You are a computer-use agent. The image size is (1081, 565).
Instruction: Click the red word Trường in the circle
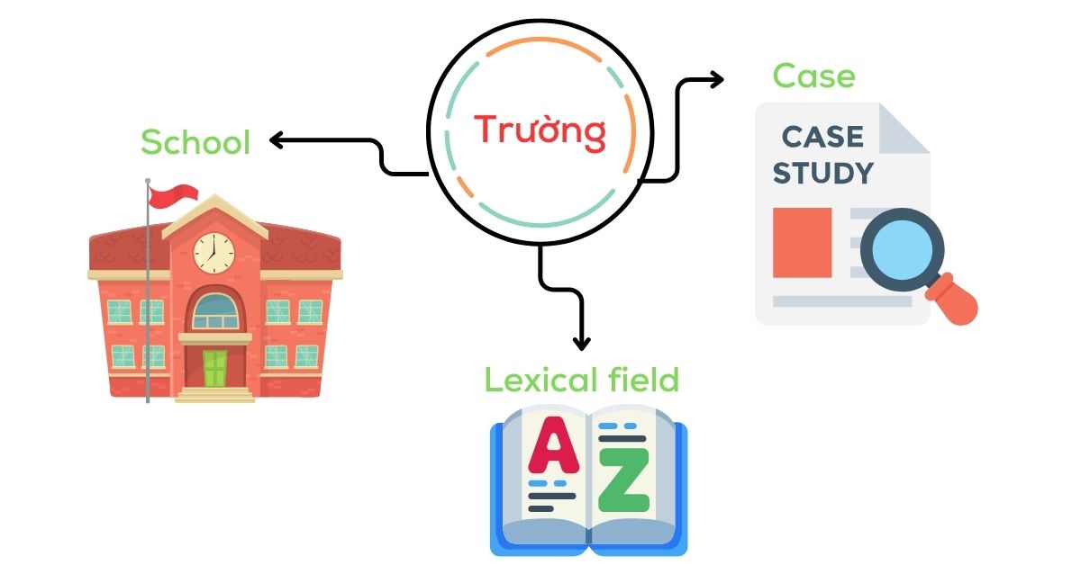(540, 130)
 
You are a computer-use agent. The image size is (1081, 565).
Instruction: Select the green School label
(195, 142)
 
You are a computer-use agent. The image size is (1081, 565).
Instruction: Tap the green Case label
(813, 76)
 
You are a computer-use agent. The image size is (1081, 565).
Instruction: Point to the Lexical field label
(582, 380)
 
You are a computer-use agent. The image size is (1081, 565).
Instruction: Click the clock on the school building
(213, 253)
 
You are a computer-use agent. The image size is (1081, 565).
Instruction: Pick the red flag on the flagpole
(173, 196)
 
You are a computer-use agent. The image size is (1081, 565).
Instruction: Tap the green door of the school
(214, 369)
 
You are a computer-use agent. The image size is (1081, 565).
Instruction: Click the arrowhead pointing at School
(276, 140)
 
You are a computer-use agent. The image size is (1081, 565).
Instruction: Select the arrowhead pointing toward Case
(717, 79)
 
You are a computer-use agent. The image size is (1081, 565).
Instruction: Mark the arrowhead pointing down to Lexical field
(582, 344)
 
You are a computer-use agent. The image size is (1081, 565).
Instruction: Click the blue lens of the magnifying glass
(902, 250)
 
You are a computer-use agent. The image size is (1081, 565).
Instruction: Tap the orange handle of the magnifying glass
(953, 299)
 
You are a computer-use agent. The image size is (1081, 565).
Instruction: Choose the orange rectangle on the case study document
(802, 243)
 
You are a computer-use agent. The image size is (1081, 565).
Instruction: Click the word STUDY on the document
(823, 173)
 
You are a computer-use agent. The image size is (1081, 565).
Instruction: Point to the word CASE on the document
(822, 137)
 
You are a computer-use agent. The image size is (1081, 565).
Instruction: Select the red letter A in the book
(553, 445)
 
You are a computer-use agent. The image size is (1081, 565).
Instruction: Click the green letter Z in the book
(623, 480)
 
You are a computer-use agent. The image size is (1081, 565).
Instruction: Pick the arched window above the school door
(215, 311)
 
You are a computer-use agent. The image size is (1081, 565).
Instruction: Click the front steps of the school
(214, 395)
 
